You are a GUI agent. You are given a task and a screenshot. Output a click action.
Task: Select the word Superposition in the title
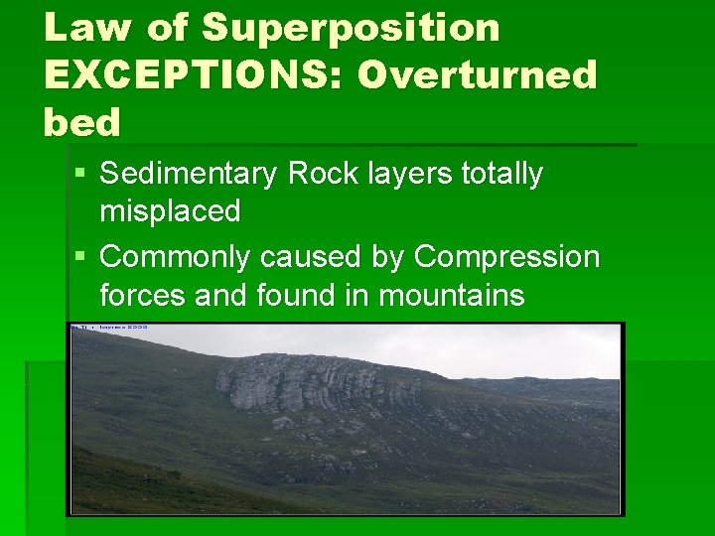[x=351, y=29]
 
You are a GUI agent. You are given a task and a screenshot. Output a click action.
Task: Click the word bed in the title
[x=81, y=122]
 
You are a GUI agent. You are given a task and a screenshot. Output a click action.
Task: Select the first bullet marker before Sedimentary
[x=79, y=175]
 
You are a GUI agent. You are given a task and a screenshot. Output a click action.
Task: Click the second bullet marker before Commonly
[x=79, y=258]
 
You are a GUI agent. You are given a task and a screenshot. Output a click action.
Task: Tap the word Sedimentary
[x=190, y=175]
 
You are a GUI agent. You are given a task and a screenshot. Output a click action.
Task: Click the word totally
[x=502, y=174]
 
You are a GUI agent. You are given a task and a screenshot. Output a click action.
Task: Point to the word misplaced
[x=170, y=210]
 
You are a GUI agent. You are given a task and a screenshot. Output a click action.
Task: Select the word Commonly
[x=176, y=257]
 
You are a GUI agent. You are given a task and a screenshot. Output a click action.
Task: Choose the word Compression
[x=506, y=257]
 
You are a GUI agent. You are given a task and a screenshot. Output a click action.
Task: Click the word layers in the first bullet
[x=407, y=175]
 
